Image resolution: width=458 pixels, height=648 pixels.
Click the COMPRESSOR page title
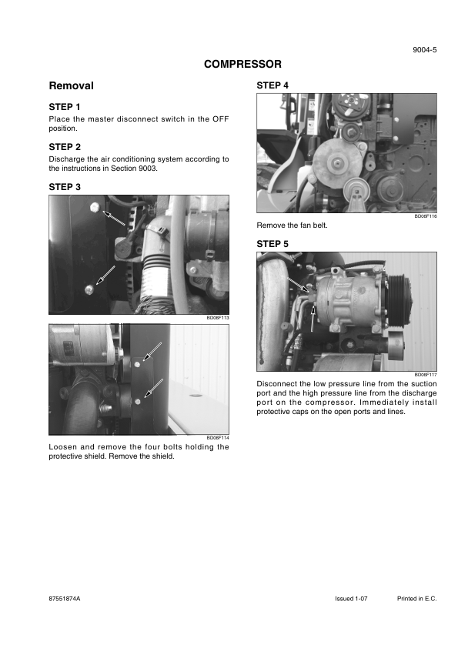[x=242, y=64]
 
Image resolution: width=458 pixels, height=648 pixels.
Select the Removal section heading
[x=71, y=85]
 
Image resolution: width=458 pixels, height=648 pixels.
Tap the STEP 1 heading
[x=65, y=107]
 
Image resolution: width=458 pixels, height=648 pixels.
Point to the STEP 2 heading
[x=65, y=147]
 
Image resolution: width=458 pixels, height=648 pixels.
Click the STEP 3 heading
[x=65, y=187]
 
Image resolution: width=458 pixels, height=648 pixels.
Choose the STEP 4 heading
[x=272, y=85]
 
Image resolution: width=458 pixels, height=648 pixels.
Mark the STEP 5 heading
[x=272, y=244]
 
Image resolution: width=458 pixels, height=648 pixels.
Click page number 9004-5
[x=425, y=50]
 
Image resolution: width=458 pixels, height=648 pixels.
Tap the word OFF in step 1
[x=221, y=119]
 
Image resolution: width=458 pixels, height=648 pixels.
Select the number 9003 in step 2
[x=148, y=169]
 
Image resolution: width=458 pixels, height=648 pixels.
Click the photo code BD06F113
[x=218, y=318]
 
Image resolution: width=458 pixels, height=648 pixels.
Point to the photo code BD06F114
[x=218, y=438]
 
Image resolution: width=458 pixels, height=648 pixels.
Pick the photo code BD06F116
[x=426, y=216]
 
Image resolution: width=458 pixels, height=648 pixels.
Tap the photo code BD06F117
[x=426, y=375]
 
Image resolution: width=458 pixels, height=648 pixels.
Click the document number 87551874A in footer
[x=65, y=599]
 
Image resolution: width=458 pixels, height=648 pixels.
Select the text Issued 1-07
[x=351, y=599]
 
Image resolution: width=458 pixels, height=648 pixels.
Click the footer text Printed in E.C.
[x=416, y=599]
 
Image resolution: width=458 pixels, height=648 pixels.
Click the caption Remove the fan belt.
[x=292, y=225]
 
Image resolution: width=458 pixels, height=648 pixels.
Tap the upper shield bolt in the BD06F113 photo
[x=95, y=208]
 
